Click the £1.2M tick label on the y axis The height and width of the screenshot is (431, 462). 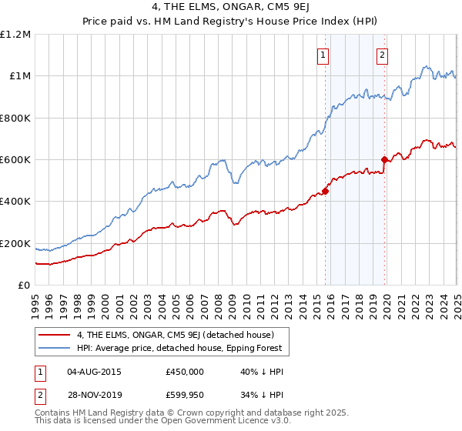pyautogui.click(x=16, y=35)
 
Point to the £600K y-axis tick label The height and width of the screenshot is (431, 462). pyautogui.click(x=15, y=160)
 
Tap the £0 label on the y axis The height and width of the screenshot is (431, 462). pyautogui.click(x=25, y=286)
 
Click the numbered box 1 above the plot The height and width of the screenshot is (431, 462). pyautogui.click(x=323, y=55)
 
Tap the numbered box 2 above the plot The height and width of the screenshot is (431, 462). pyautogui.click(x=383, y=55)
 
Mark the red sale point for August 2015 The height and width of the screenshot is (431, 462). pyautogui.click(x=325, y=191)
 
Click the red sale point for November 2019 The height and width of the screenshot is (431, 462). pyautogui.click(x=385, y=160)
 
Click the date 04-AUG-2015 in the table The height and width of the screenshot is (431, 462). pyautogui.click(x=94, y=371)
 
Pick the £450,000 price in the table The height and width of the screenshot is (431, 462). pyautogui.click(x=184, y=371)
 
